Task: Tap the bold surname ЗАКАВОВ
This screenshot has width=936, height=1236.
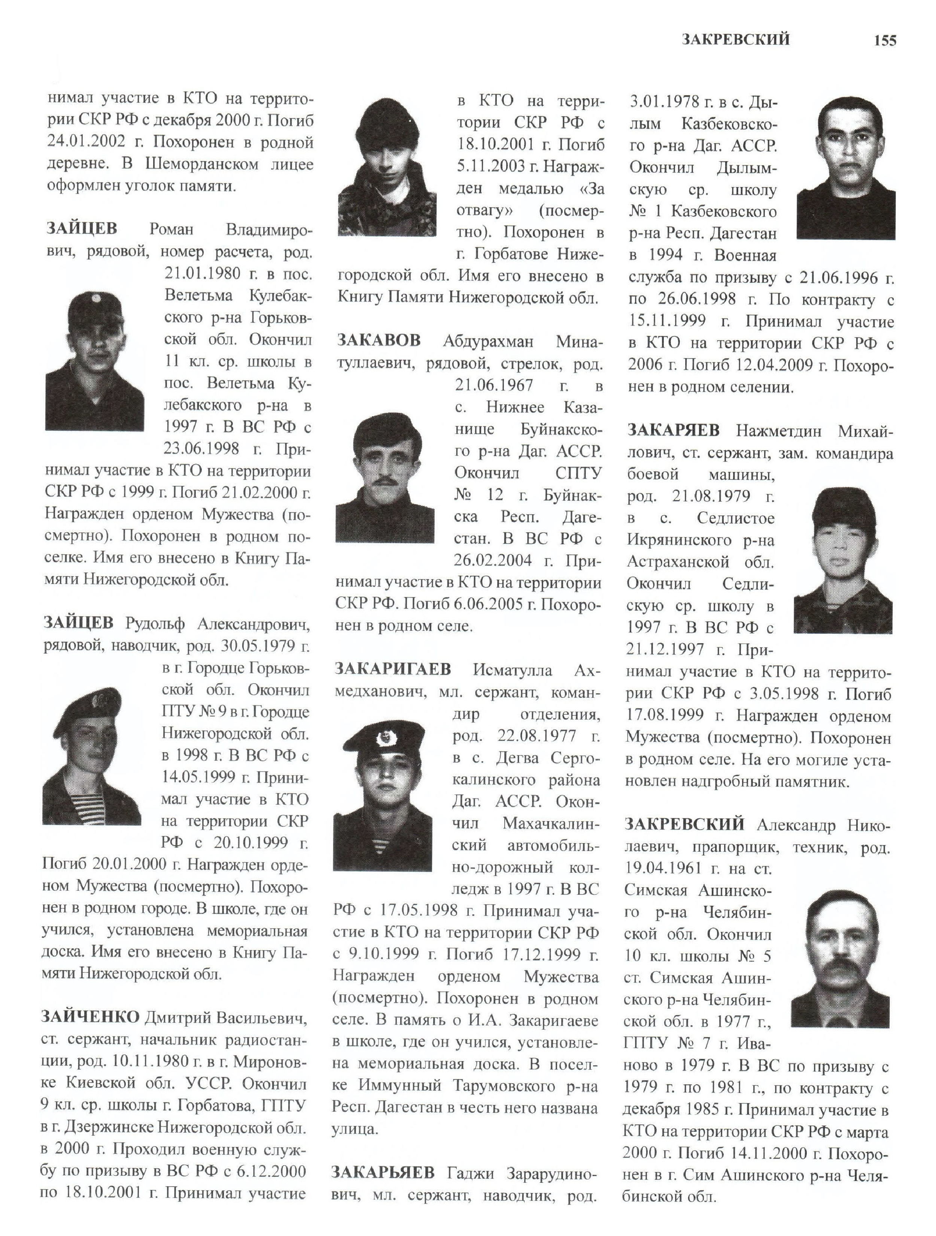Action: click(379, 340)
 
